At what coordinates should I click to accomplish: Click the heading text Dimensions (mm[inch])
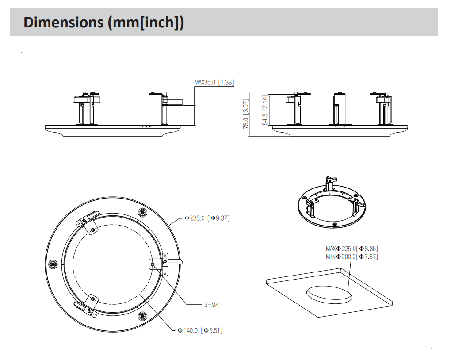103,22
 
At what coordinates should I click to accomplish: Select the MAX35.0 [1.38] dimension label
214,82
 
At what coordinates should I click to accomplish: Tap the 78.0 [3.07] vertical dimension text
246,114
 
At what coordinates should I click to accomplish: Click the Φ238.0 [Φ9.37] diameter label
207,218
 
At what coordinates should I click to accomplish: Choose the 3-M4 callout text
211,305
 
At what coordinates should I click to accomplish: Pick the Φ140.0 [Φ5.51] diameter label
200,330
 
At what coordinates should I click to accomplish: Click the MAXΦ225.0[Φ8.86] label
352,249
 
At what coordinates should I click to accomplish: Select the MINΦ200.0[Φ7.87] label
352,257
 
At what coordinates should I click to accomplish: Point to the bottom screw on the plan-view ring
142,316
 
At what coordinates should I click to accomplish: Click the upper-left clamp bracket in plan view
89,224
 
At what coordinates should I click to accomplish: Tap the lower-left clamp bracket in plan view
88,305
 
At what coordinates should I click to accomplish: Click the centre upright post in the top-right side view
339,108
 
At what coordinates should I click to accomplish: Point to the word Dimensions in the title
64,22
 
